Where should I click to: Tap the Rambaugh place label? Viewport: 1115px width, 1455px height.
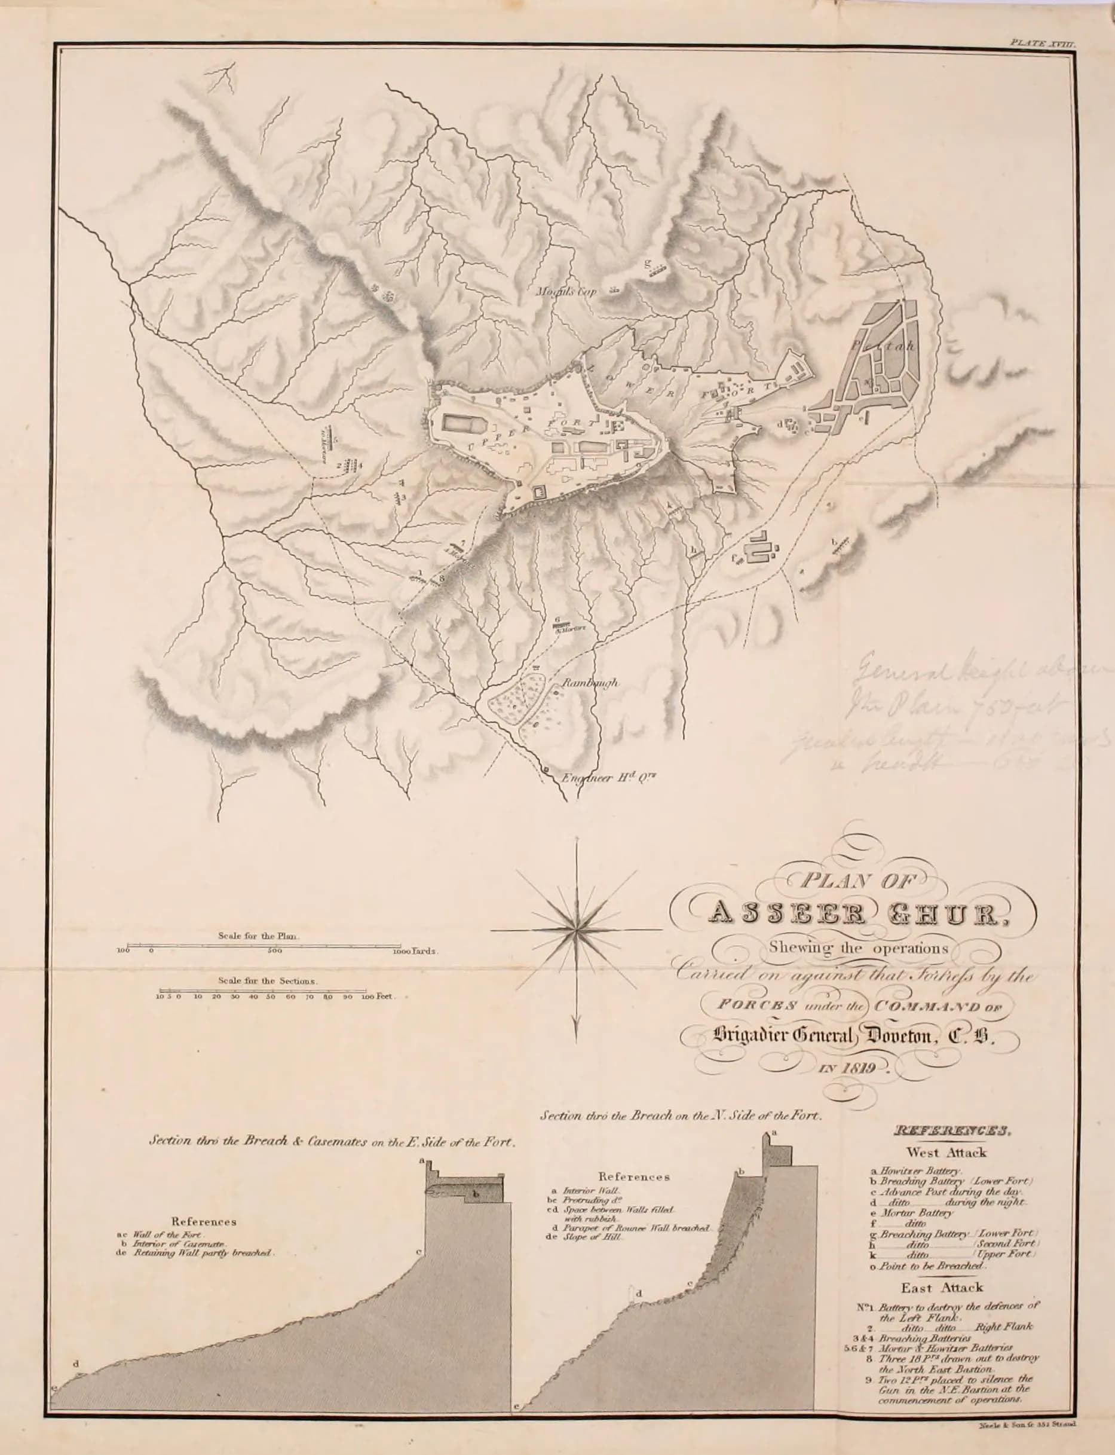(590, 682)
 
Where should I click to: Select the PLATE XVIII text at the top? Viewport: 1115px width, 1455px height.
(1042, 42)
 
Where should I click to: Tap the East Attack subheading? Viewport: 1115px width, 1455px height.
(941, 1288)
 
